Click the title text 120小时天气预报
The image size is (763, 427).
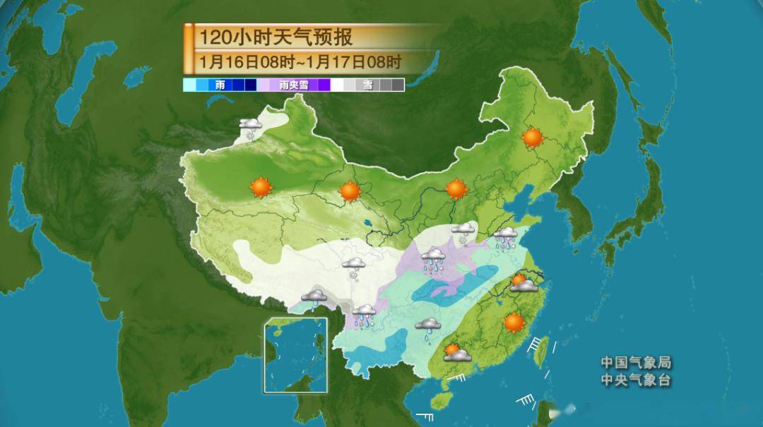[275, 37]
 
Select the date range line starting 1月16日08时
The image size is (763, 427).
[300, 61]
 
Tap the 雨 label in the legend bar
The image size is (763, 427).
[220, 85]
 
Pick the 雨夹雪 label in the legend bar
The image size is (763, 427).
[294, 85]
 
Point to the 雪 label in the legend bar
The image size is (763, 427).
[367, 85]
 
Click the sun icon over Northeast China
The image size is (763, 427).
[533, 137]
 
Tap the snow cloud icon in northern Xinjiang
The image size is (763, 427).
[251, 128]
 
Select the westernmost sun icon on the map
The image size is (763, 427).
[261, 187]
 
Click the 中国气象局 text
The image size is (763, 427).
[636, 363]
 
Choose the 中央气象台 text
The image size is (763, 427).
[636, 380]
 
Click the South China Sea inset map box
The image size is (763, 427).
[295, 355]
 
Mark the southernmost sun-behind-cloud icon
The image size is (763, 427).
[457, 352]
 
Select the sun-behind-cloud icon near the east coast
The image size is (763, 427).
[523, 283]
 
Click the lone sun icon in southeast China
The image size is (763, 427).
[514, 323]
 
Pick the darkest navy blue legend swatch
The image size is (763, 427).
[250, 85]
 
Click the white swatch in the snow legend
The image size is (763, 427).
[338, 85]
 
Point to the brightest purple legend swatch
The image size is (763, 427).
[324, 85]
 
